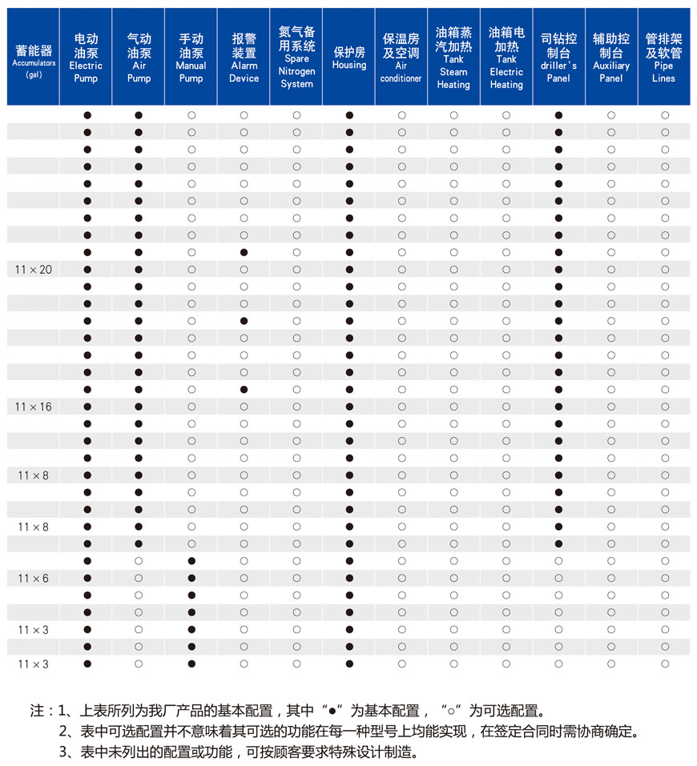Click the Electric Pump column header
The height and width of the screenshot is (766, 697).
point(86,58)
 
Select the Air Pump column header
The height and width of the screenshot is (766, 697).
point(139,58)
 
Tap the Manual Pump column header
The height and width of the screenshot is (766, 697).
point(191,58)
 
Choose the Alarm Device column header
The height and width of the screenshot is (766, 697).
point(244,58)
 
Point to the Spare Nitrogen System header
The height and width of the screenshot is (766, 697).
point(296,58)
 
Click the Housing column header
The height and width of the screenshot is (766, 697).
point(349,58)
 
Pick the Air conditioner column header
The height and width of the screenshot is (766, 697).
point(401,58)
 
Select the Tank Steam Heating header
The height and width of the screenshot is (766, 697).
point(453,58)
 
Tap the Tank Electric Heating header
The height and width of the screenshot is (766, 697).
point(506,58)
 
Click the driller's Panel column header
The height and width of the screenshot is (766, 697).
point(558,58)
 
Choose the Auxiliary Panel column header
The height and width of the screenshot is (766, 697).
point(611,58)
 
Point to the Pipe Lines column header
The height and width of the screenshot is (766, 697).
point(664,58)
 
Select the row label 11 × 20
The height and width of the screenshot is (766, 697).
point(34,270)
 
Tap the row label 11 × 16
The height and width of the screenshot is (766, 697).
point(34,407)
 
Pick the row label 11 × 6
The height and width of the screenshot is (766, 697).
point(34,579)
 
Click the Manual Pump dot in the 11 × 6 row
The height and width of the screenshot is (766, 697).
point(191,579)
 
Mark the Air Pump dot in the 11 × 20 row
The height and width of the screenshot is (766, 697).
point(139,270)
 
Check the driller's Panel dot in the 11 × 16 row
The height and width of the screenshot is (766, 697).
point(558,407)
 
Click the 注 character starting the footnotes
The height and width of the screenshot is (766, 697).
point(38,711)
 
